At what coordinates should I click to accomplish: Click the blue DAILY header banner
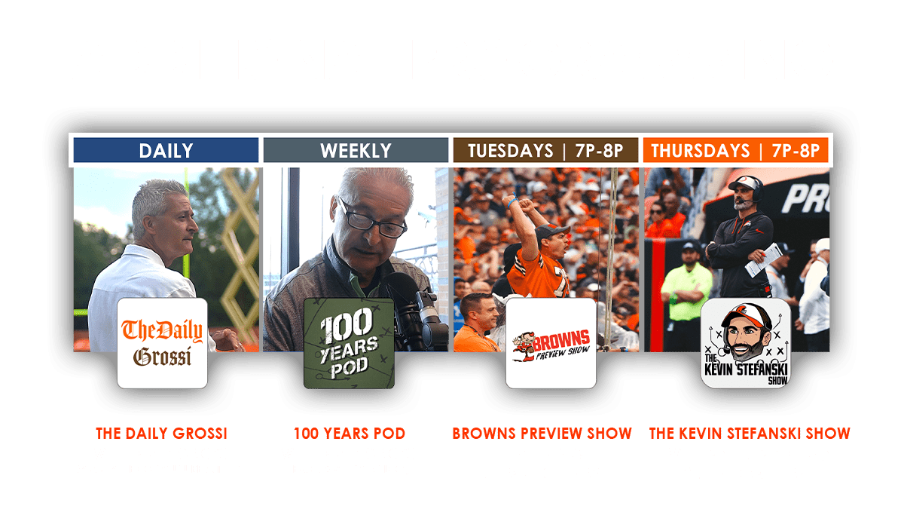click(166, 150)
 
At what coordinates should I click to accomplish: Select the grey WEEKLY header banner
click(356, 150)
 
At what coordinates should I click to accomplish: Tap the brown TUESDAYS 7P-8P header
click(545, 150)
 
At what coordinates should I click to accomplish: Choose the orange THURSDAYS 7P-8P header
click(735, 150)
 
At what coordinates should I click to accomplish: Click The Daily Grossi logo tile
click(162, 343)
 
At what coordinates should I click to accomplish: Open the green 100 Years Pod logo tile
click(349, 343)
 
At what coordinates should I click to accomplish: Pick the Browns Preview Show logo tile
click(551, 343)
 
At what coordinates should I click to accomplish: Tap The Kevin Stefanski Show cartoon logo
click(746, 343)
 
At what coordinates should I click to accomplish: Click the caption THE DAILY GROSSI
click(161, 434)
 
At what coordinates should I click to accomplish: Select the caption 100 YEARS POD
click(350, 434)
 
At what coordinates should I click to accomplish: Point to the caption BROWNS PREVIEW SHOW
click(542, 434)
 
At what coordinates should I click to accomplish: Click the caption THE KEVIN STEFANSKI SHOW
click(750, 434)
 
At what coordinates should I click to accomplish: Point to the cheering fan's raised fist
click(526, 205)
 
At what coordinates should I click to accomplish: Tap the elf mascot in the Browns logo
click(524, 346)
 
